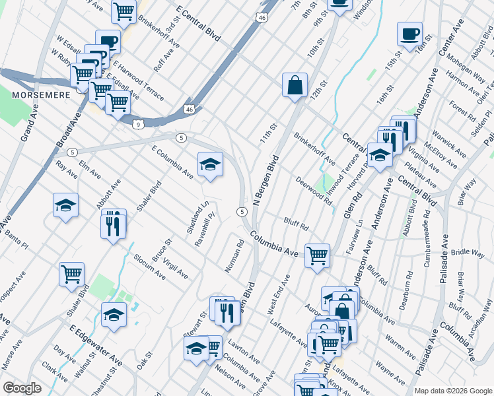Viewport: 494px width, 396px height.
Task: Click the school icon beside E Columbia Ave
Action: (x=210, y=165)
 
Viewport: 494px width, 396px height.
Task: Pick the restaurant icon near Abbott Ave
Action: (x=114, y=226)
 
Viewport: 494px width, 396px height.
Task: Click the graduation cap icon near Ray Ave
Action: (x=65, y=206)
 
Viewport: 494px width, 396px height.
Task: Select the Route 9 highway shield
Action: (x=137, y=123)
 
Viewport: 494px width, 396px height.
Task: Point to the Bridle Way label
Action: (x=469, y=252)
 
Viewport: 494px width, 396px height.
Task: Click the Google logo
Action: (x=22, y=388)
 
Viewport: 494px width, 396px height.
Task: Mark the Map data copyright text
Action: (x=453, y=390)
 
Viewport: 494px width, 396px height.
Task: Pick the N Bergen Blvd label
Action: (x=265, y=180)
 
